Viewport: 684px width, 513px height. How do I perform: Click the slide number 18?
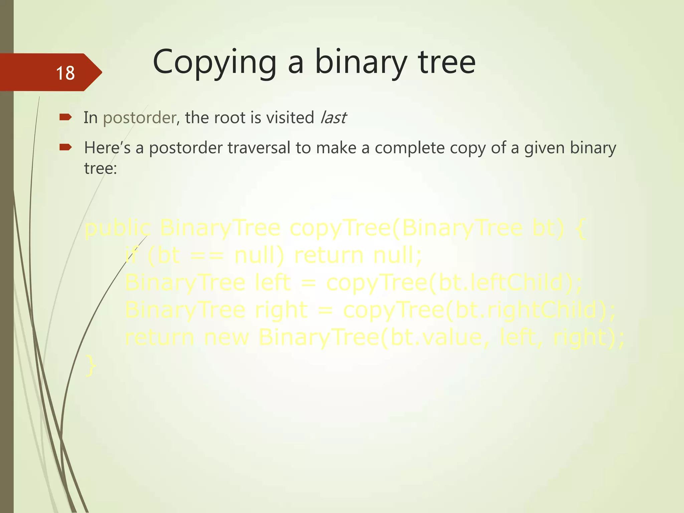(65, 73)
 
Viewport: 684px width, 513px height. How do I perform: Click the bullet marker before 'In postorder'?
(65, 117)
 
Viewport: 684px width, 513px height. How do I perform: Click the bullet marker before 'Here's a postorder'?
(65, 147)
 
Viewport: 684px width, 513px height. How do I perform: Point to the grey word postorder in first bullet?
(139, 118)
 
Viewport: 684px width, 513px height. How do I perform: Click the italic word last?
(333, 118)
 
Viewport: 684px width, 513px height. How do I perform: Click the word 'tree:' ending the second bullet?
(101, 168)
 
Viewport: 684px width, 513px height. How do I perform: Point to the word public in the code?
(118, 228)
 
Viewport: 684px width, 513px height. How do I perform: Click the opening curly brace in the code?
(581, 228)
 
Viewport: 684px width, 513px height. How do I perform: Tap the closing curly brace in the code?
(91, 366)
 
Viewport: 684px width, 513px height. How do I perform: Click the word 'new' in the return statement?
(226, 337)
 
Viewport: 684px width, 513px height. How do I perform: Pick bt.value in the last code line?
(436, 337)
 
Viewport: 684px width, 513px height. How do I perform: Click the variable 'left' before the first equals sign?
(273, 283)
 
